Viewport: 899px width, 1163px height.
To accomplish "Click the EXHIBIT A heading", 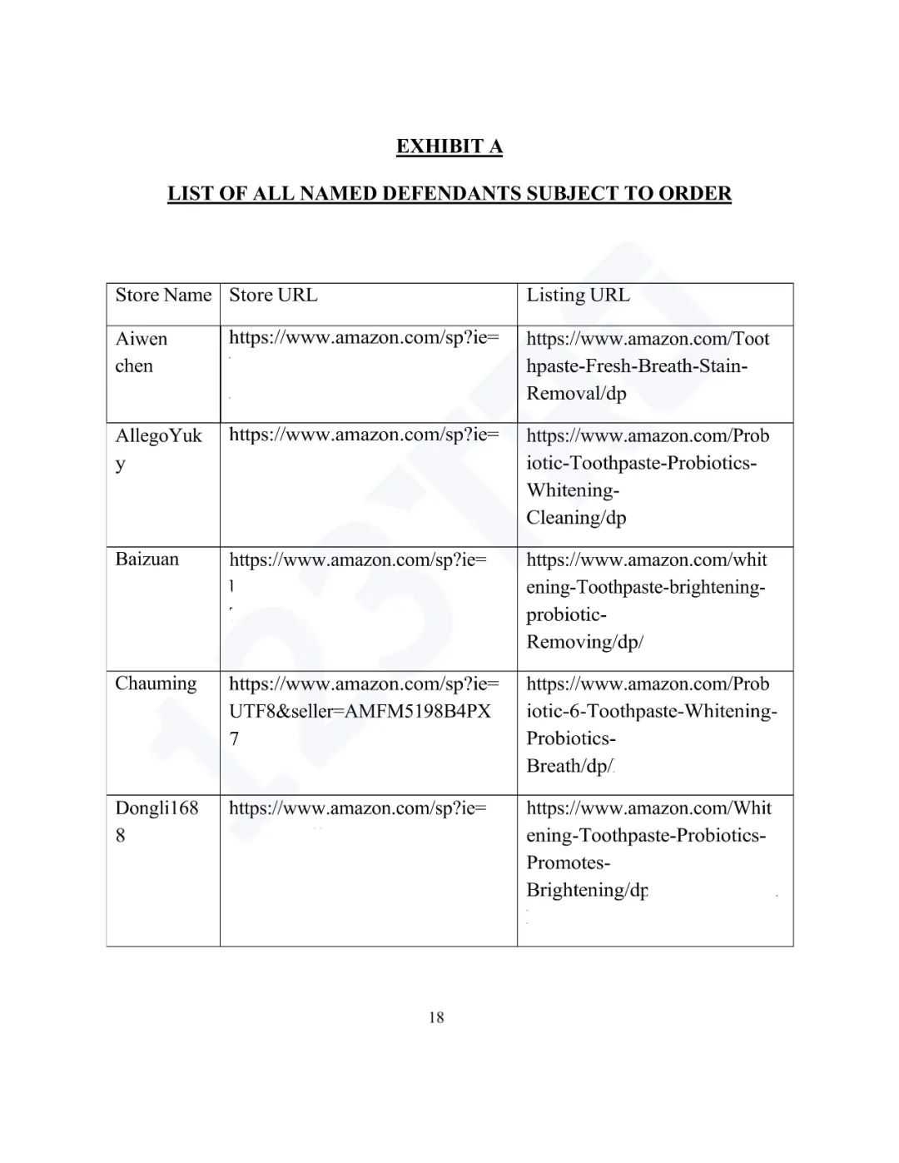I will [449, 147].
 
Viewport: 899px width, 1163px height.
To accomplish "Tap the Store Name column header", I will [163, 296].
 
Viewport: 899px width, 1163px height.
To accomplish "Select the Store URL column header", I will [273, 296].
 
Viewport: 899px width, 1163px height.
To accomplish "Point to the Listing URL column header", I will [578, 296].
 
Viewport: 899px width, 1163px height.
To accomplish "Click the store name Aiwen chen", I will [141, 352].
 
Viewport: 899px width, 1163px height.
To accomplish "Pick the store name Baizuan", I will [147, 559].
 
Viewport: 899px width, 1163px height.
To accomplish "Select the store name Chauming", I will [156, 683].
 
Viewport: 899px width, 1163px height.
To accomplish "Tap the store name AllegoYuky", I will [158, 449].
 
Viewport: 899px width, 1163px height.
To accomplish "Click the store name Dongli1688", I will [156, 821].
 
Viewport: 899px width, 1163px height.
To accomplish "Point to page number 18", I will [436, 1016].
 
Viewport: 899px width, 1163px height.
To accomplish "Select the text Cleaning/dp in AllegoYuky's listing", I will [576, 518].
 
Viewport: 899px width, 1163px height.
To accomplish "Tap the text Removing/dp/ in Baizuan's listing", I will [584, 642].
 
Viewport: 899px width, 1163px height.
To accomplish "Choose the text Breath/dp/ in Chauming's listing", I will [569, 766].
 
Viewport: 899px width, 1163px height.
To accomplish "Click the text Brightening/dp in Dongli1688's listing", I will [587, 890].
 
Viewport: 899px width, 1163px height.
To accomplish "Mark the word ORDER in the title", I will [694, 194].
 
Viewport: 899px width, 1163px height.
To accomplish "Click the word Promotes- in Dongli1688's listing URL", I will [568, 862].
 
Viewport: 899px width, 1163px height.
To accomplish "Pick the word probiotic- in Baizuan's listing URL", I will [566, 614].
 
